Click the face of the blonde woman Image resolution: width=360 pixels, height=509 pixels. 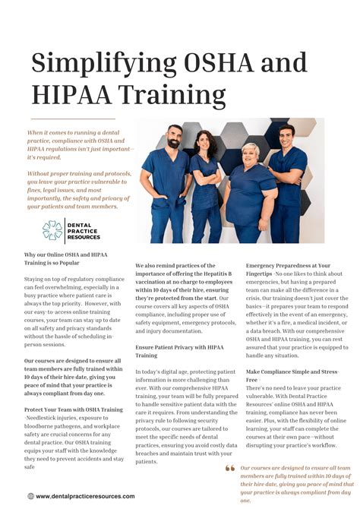pos(250,153)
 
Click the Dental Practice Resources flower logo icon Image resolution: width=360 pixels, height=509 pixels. pos(52,231)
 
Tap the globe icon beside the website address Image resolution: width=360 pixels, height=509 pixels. pos(30,496)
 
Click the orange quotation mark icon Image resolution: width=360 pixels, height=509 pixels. pos(230,468)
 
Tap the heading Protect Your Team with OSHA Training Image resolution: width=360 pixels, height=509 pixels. pos(73,409)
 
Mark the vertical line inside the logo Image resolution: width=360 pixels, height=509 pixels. pos(65,231)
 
